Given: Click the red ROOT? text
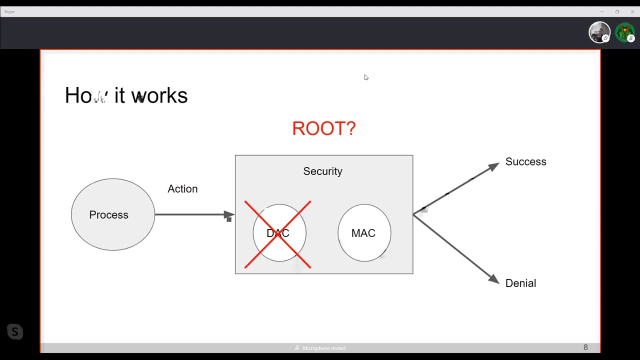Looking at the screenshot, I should point(323,128).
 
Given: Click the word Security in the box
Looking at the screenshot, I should point(322,171).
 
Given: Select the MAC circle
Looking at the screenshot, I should point(364,233).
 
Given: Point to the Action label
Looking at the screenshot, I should point(182,189).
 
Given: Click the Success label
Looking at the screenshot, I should point(525,161).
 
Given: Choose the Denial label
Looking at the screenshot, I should point(520,283).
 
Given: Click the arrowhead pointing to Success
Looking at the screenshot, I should point(493,166).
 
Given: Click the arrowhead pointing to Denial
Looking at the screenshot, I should point(493,279).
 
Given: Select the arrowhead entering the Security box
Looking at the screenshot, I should point(229,215).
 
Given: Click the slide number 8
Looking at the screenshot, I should point(585,347).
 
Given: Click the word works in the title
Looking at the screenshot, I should point(159,95).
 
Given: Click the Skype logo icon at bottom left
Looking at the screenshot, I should point(15,331).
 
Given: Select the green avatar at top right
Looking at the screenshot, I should point(624,33).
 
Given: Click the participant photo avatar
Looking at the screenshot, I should point(599,33).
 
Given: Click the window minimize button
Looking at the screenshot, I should point(602,11).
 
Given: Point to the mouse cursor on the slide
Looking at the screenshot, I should point(365,77).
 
